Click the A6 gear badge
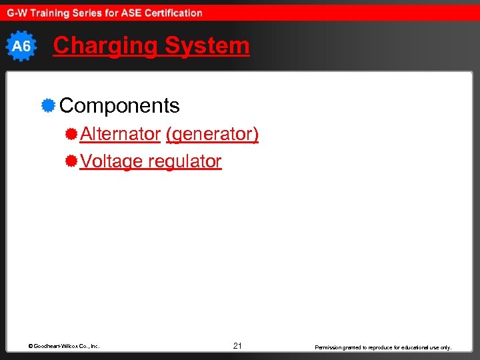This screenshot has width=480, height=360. click(x=21, y=46)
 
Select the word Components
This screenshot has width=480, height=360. click(x=119, y=105)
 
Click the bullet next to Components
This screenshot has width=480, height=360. click(x=47, y=105)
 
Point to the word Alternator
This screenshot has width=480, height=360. click(x=120, y=134)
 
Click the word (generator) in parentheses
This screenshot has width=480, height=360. click(x=212, y=134)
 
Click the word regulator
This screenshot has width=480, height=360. click(x=185, y=161)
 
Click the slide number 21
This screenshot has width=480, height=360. click(x=237, y=346)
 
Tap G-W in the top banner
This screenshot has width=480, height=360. click(x=18, y=13)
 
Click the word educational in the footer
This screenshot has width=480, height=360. click(x=413, y=347)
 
